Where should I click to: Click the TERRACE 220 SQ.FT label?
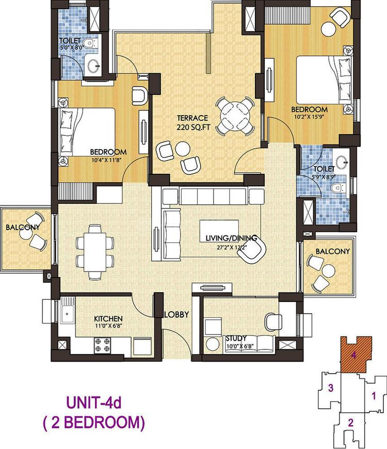192,122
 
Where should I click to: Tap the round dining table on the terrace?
235,116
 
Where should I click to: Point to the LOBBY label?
176,314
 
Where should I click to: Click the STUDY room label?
236,338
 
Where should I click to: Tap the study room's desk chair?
273,322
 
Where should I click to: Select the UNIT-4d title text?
94,403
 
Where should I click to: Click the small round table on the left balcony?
26,233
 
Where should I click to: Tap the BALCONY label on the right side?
333,251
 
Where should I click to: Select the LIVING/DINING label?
231,238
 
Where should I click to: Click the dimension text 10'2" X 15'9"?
309,117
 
